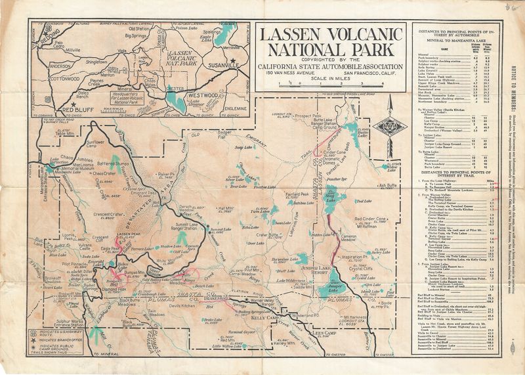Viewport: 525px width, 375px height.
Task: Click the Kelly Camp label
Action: [266, 317]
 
